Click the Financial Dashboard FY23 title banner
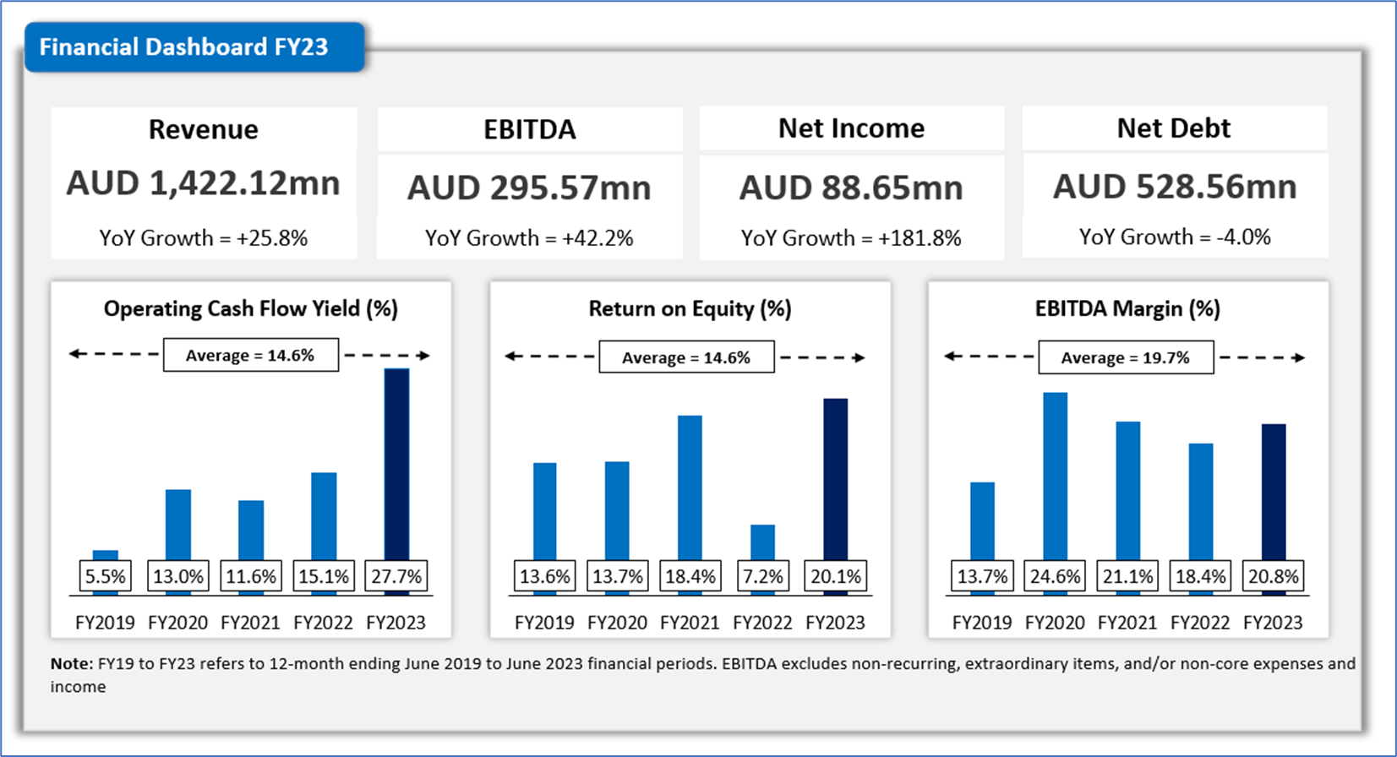click(x=194, y=47)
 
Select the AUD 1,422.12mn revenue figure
click(x=203, y=183)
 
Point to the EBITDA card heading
click(x=530, y=129)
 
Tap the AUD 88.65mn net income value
click(x=851, y=188)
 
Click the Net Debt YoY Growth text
click(x=1175, y=237)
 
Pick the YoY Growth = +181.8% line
click(x=851, y=238)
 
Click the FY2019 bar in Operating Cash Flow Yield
click(x=106, y=555)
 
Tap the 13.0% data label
click(x=178, y=576)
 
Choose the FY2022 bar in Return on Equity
click(x=762, y=542)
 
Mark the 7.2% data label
click(x=762, y=576)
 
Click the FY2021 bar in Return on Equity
click(x=690, y=486)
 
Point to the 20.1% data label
click(x=835, y=576)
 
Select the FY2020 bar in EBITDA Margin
click(x=1055, y=473)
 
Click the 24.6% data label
click(x=1055, y=576)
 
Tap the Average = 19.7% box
click(x=1125, y=357)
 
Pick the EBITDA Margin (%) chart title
click(x=1127, y=309)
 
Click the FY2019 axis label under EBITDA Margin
click(x=982, y=623)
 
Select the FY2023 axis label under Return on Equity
click(x=835, y=623)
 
